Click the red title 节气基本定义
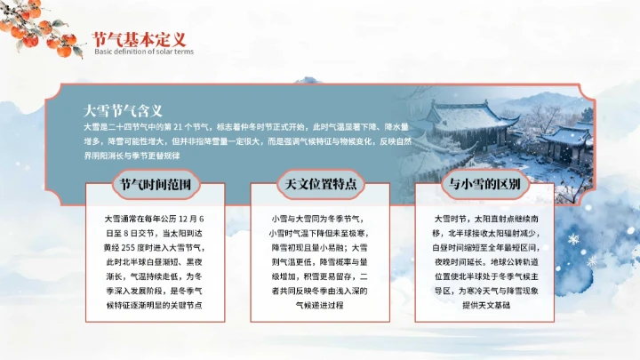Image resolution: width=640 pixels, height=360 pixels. coord(140,39)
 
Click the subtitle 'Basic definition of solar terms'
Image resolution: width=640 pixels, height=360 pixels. coord(143,52)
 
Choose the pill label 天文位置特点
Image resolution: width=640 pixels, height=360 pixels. coord(321,185)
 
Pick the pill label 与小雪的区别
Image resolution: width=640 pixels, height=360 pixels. coord(485,185)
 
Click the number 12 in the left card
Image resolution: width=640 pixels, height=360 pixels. coord(189,219)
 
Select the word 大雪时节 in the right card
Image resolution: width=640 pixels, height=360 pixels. coord(451,219)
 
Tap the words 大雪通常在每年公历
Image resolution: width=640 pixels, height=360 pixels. coord(136,219)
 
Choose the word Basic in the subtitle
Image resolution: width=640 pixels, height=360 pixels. coord(104,52)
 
